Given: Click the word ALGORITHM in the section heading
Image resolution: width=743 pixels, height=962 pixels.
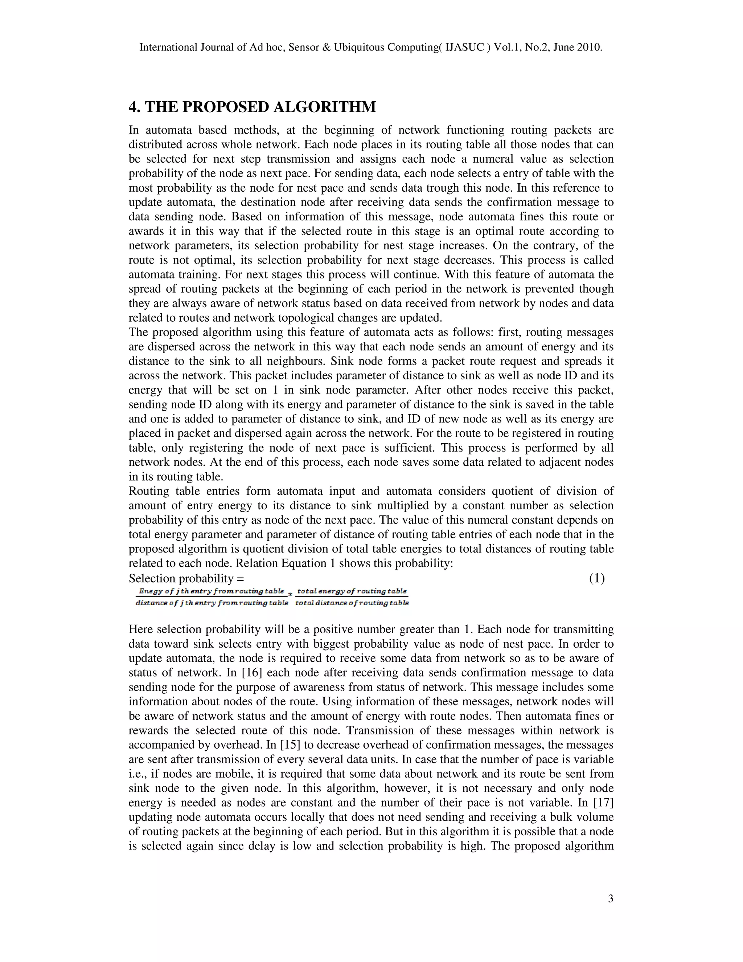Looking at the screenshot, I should (x=325, y=107).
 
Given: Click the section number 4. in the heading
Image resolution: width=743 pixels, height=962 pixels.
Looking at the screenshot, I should (x=135, y=107).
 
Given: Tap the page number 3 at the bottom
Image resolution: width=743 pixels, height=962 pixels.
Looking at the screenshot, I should (x=611, y=899).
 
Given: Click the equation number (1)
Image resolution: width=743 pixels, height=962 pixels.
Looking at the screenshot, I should (x=597, y=578).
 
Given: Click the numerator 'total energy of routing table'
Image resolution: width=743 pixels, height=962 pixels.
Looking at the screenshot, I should (x=352, y=591).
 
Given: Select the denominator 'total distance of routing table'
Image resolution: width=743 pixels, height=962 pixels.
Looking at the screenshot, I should (x=352, y=603).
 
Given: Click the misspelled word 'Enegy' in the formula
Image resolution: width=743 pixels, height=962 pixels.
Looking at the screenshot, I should (x=148, y=591).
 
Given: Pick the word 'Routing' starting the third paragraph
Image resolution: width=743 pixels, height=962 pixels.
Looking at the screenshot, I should (x=147, y=491).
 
